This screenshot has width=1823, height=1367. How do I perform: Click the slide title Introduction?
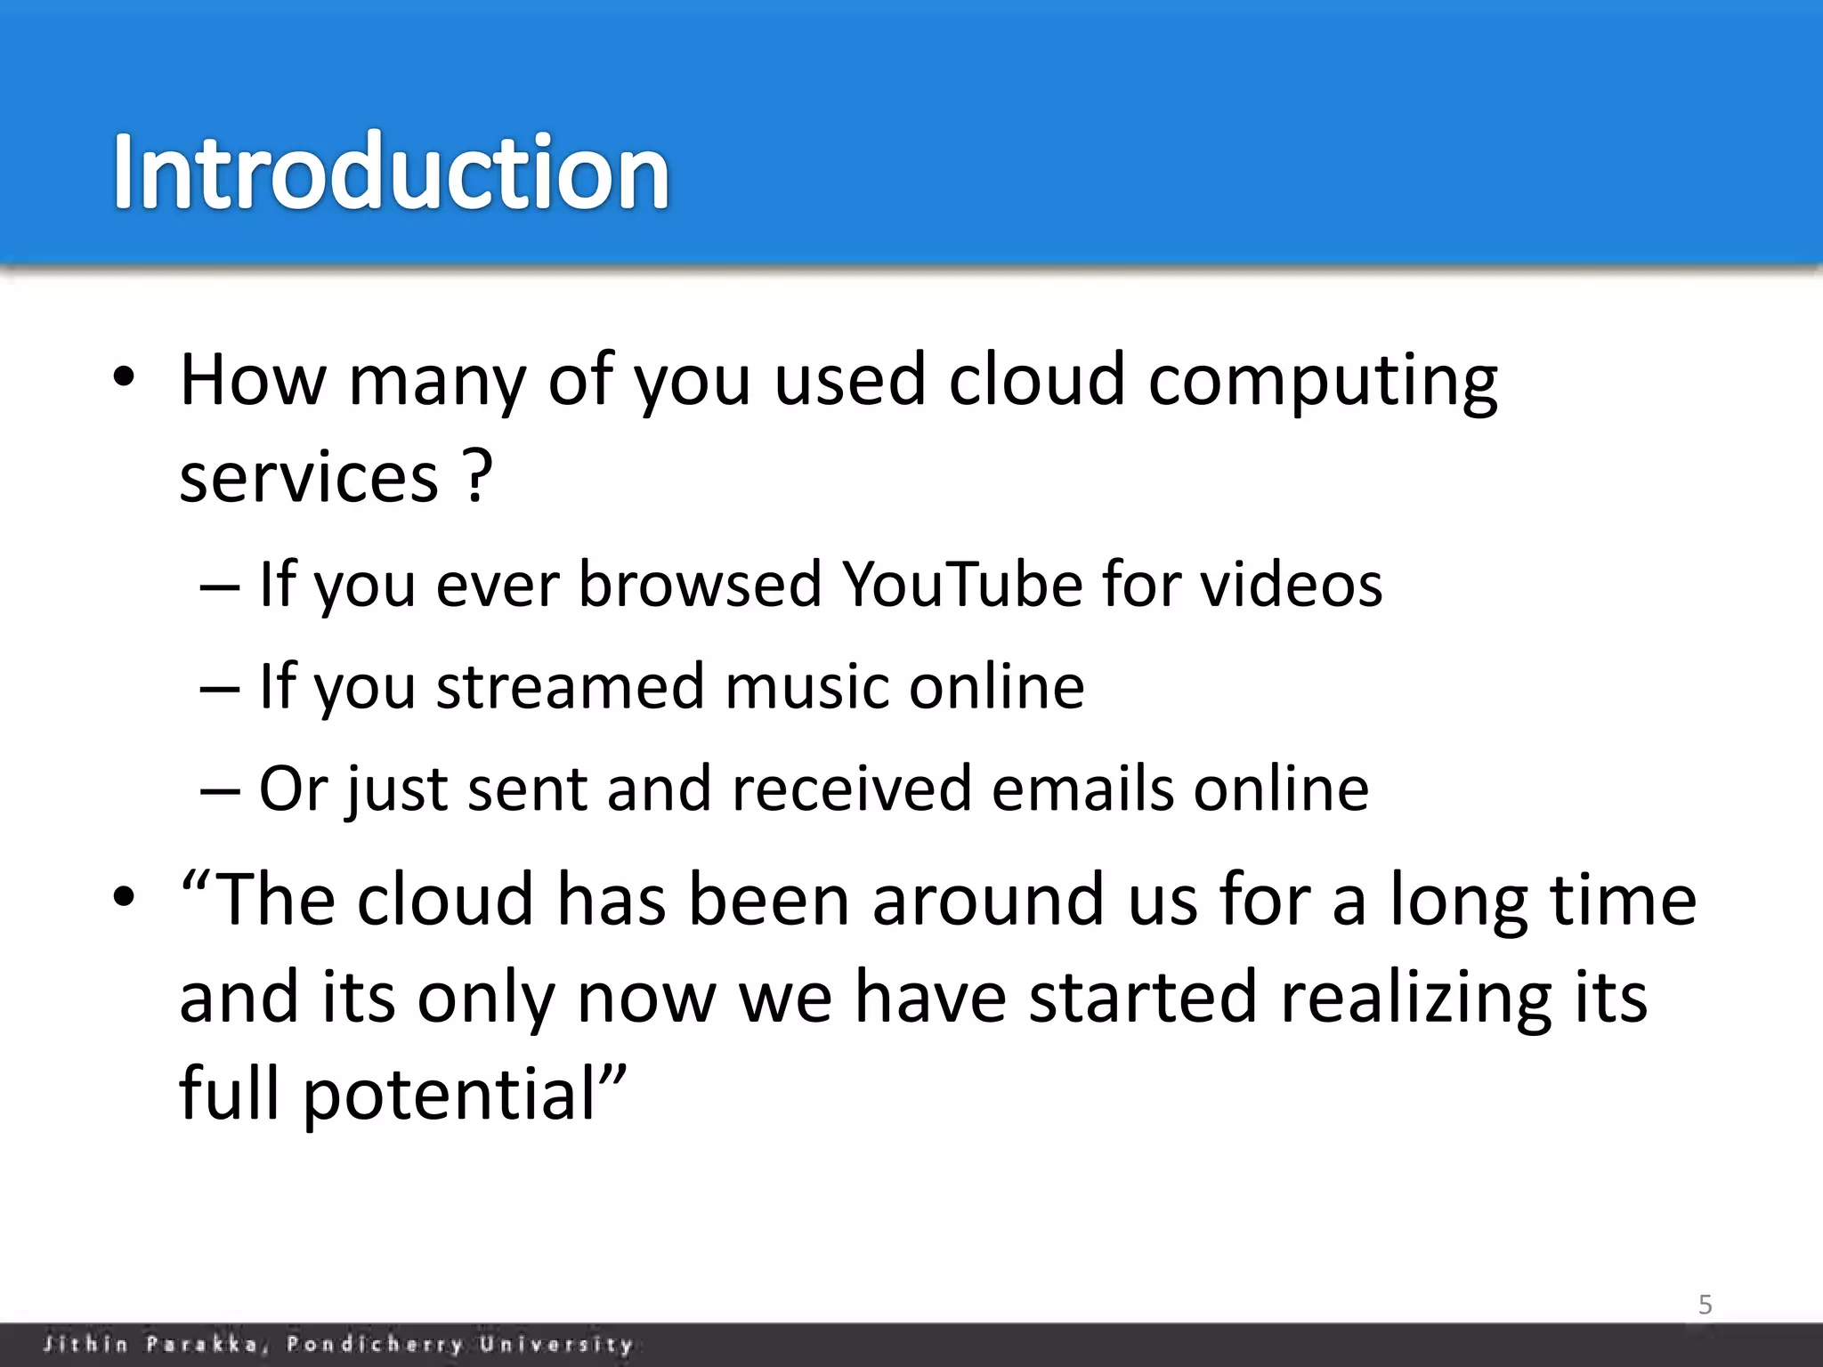pos(390,171)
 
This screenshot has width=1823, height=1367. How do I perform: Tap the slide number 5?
pos(1705,1305)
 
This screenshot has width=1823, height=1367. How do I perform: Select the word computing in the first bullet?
pos(1323,381)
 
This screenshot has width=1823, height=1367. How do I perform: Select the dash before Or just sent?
pos(220,789)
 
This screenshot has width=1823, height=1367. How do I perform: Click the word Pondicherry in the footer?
pos(375,1344)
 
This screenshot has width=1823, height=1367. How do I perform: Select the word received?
pos(852,789)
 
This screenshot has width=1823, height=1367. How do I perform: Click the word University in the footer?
pos(556,1344)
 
